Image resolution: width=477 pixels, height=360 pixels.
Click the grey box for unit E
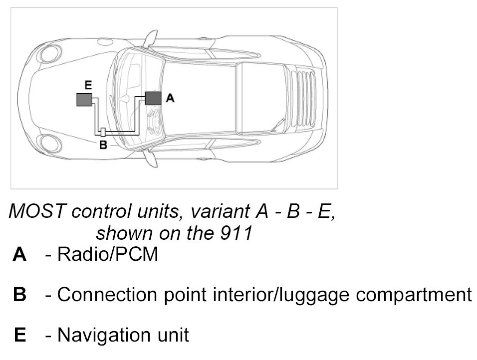click(84, 100)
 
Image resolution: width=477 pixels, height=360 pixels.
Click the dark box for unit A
click(153, 98)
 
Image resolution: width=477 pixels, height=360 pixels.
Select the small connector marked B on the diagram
click(103, 133)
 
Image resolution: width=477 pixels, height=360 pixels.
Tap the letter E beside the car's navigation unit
click(88, 86)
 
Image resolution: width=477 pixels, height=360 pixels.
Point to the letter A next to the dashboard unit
click(170, 98)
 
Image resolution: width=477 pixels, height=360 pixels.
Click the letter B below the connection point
click(103, 146)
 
